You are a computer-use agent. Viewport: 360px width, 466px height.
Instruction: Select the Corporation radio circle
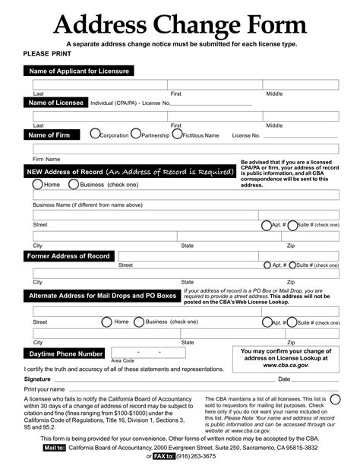coord(95,135)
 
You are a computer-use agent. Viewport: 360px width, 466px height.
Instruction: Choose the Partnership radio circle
coord(136,135)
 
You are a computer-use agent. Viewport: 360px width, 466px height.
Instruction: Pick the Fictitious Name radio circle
coord(177,135)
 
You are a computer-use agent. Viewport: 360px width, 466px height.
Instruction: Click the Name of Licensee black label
coord(56,103)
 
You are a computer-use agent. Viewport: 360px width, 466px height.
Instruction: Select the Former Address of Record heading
coord(69,256)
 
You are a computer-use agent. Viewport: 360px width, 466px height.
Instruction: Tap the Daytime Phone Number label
coord(66,354)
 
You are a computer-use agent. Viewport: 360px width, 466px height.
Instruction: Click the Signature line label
coord(37,379)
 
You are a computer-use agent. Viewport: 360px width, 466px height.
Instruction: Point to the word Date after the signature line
coord(284,379)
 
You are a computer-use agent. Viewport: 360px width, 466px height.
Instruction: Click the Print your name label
coord(44,389)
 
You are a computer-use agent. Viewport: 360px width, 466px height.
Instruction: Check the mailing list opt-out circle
coord(335,399)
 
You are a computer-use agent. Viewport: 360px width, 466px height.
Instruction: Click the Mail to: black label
coord(54,449)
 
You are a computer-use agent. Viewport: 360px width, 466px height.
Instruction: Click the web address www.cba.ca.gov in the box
coord(285,365)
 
